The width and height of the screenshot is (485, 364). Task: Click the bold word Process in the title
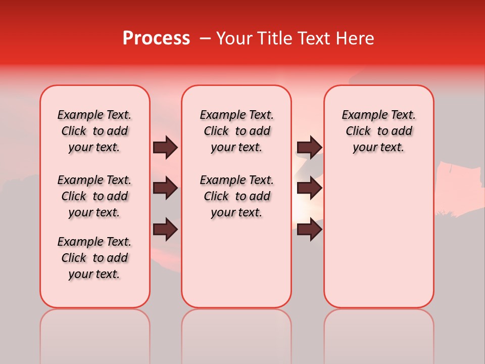[156, 38]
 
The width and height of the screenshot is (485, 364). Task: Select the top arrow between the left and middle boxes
[165, 147]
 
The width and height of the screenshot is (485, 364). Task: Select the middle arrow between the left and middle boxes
[165, 188]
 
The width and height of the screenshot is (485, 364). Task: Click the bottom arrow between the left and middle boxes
[165, 229]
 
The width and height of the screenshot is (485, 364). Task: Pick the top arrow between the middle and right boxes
[309, 147]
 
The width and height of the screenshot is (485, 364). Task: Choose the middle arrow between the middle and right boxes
[309, 188]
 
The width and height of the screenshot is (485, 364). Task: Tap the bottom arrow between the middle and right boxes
[309, 229]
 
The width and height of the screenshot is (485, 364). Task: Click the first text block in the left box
[94, 131]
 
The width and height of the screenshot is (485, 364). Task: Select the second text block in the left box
[94, 196]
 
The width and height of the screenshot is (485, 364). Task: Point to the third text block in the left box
[94, 258]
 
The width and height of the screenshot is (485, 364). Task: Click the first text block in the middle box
[236, 131]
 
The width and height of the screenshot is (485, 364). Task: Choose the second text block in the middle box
[236, 196]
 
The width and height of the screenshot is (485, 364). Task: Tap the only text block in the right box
[378, 131]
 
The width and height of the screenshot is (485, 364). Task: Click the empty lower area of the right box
[378, 238]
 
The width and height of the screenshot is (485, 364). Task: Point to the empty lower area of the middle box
[236, 263]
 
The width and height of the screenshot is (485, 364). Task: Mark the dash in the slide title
[205, 38]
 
